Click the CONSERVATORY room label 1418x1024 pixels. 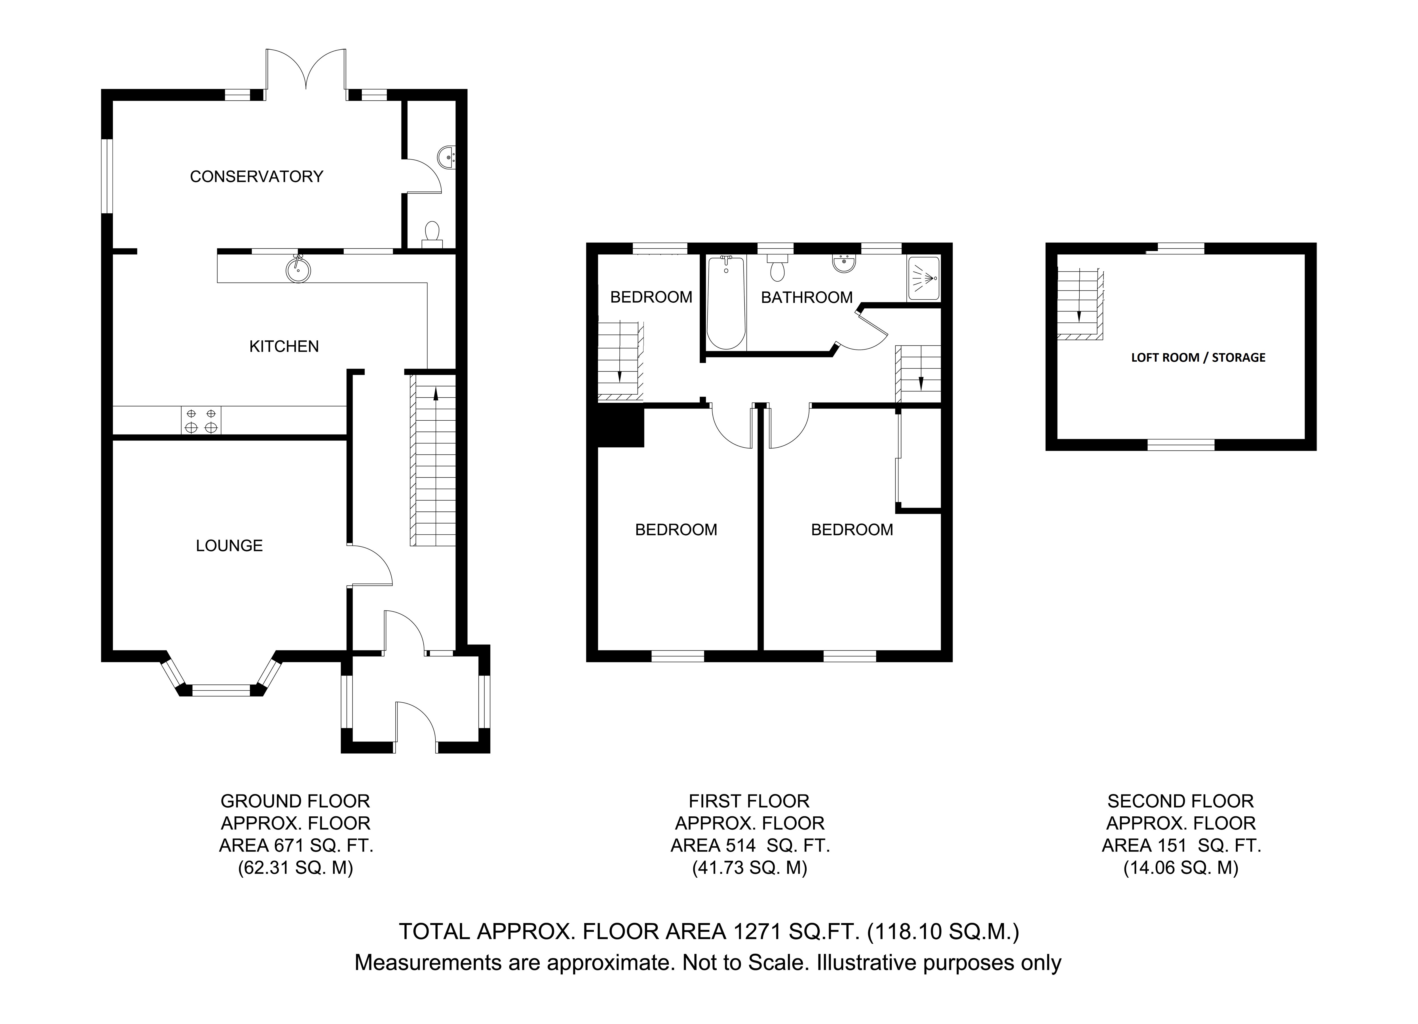pyautogui.click(x=256, y=177)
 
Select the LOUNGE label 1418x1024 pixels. pyautogui.click(x=229, y=546)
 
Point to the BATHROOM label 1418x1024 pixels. pyautogui.click(x=807, y=298)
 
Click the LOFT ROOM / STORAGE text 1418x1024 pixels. pyautogui.click(x=1198, y=358)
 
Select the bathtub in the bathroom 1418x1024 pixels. pyautogui.click(x=726, y=303)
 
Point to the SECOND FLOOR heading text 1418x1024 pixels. pyautogui.click(x=1180, y=801)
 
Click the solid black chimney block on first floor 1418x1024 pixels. pyautogui.click(x=620, y=427)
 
